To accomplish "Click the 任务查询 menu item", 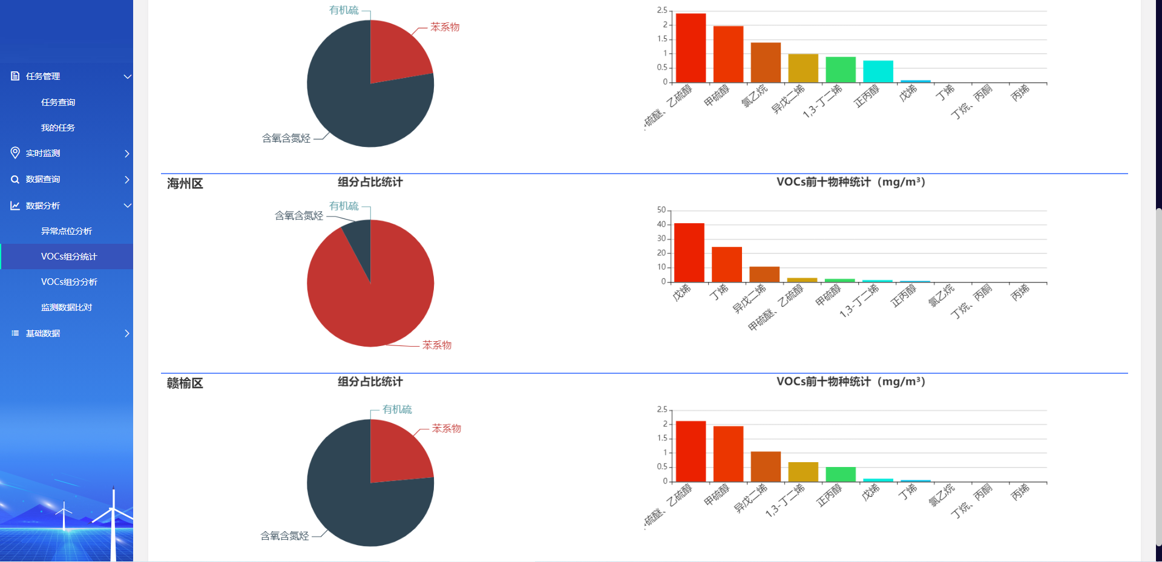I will coord(58,102).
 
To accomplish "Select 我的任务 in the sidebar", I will coord(58,128).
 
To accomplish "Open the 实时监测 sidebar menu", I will coord(43,153).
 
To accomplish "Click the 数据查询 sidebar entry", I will coord(43,179).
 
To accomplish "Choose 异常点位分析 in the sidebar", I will coord(67,231).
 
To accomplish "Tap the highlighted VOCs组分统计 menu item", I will coord(69,256).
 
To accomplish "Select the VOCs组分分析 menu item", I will coord(69,282).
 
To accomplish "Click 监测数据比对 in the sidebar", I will coord(67,307).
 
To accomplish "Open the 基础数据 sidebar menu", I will coord(43,333).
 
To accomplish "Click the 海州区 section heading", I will coord(185,183).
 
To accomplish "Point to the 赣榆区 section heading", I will coord(185,383).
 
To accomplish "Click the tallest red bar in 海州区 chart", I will coord(689,252).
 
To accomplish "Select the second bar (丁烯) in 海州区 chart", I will coord(727,264).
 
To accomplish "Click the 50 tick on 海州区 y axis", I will coord(661,210).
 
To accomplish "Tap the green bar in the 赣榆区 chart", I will coord(841,474).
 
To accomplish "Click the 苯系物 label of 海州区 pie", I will coord(437,345).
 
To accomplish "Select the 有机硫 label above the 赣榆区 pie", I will coord(397,410).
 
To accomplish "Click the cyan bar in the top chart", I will coord(878,71).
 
